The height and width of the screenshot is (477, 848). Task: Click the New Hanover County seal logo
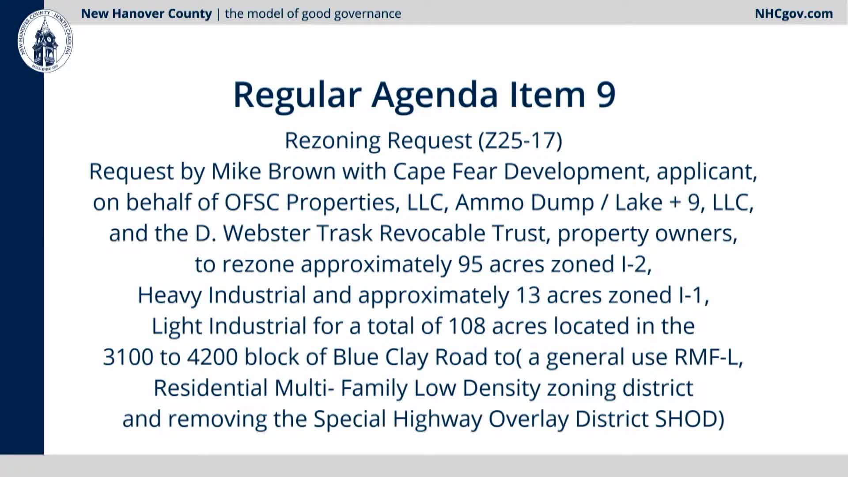pyautogui.click(x=45, y=41)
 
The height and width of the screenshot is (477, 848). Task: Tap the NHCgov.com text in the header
pyautogui.click(x=794, y=14)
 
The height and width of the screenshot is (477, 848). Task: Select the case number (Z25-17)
pyautogui.click(x=520, y=141)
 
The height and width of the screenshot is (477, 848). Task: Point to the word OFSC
pyautogui.click(x=252, y=202)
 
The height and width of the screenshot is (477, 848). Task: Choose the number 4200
pyautogui.click(x=212, y=357)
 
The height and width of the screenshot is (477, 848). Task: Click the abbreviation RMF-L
pyautogui.click(x=707, y=357)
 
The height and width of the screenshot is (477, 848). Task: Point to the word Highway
pyautogui.click(x=437, y=419)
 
